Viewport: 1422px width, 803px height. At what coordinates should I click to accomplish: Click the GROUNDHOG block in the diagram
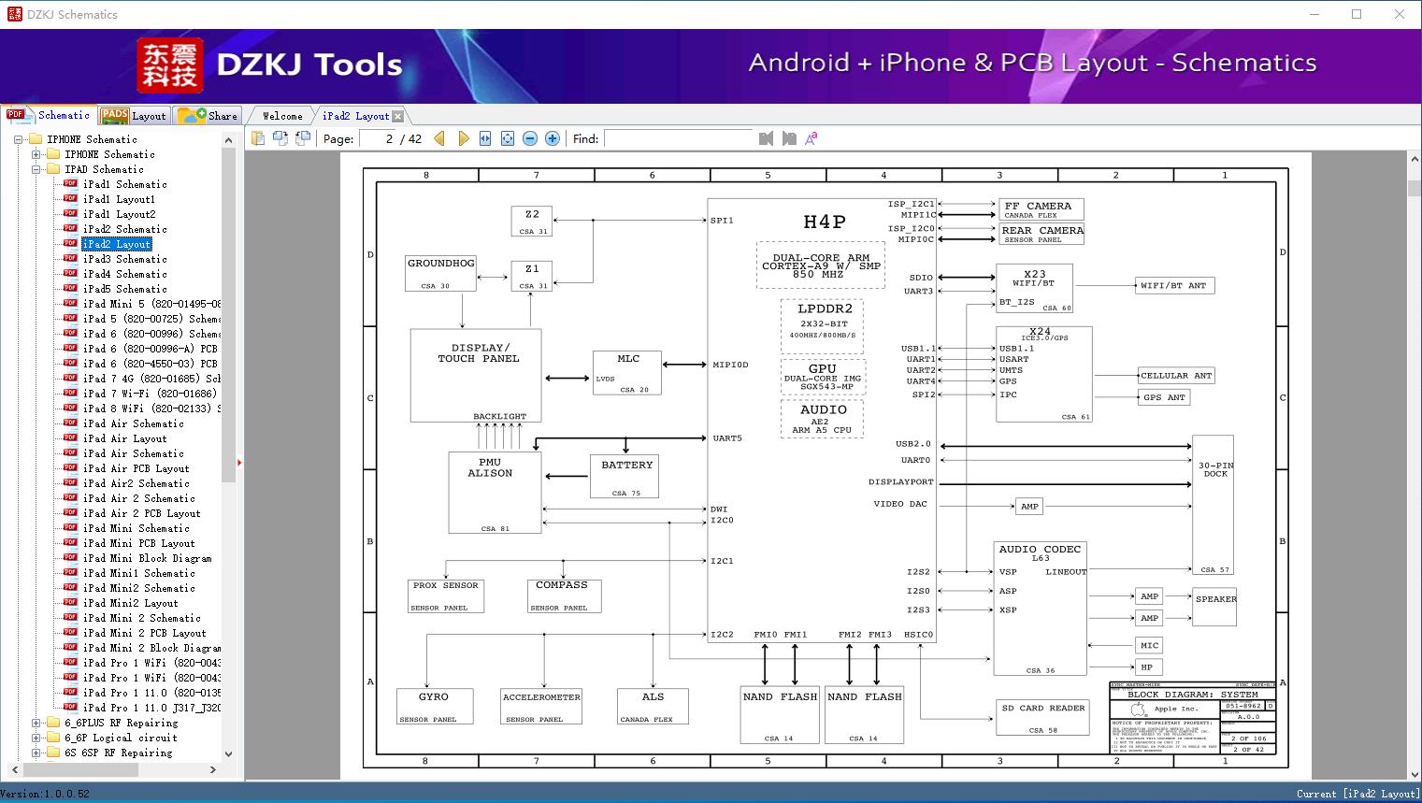(x=440, y=273)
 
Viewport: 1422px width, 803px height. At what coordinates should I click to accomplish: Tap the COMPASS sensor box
(x=562, y=595)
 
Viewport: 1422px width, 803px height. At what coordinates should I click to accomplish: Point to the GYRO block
(x=434, y=707)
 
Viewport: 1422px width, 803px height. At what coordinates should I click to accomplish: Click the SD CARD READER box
(x=1042, y=718)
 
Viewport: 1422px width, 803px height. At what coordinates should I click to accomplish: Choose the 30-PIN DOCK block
(x=1214, y=505)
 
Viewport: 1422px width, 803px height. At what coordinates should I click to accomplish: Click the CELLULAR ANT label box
(x=1175, y=376)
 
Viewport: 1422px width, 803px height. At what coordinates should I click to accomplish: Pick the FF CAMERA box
(x=1041, y=209)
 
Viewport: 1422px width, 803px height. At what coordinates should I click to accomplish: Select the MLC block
(x=627, y=373)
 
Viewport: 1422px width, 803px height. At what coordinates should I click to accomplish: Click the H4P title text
(x=824, y=222)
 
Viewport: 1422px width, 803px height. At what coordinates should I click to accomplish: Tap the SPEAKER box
(x=1214, y=607)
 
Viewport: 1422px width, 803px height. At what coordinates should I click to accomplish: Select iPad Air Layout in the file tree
(x=124, y=438)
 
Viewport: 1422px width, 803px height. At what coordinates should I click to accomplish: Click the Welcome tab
(x=282, y=116)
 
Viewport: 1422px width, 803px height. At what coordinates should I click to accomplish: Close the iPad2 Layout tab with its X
(x=397, y=116)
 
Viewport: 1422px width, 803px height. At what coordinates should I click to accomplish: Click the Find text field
(x=678, y=138)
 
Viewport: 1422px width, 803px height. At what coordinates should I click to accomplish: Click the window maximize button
(x=1357, y=14)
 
